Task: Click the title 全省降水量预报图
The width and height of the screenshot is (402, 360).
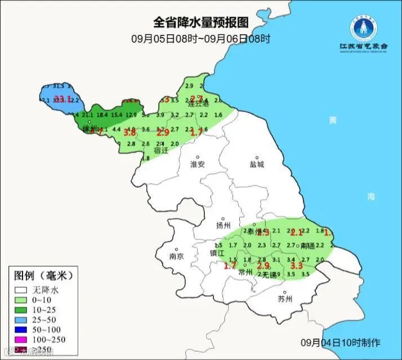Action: pos(200,22)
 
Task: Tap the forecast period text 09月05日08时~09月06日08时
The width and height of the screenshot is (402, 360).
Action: pos(200,39)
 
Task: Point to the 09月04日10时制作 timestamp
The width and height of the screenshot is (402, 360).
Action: pos(340,343)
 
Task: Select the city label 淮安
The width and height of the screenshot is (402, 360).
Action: pos(197,164)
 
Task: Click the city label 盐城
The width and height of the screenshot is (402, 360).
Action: pos(257,164)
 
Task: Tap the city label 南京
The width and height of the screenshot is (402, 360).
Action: pos(176,256)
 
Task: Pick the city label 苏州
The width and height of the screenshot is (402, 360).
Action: pos(286,299)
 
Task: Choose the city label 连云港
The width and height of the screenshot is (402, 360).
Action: pos(198,104)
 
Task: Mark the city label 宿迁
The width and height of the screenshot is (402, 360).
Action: pos(161,150)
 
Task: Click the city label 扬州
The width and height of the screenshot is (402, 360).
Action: pos(224,226)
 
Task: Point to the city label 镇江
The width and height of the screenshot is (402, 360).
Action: pos(217,253)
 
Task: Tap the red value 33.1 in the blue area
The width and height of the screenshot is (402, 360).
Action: pos(64,100)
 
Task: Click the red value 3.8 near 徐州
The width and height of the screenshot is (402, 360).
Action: pos(129,133)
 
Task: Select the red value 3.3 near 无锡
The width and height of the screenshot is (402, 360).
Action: pos(297,265)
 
